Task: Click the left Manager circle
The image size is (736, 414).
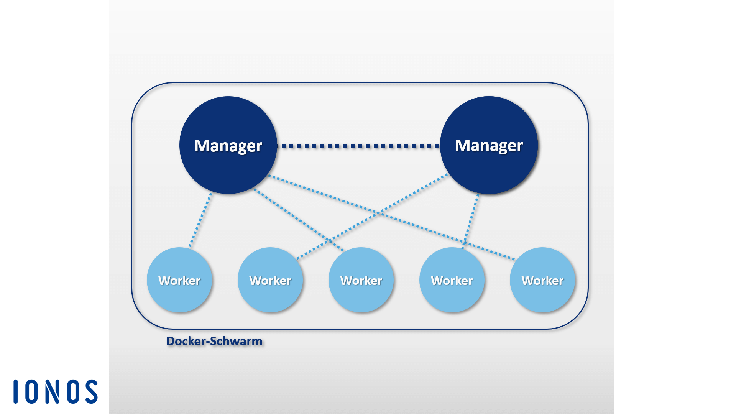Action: (228, 169)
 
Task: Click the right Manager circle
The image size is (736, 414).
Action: (489, 169)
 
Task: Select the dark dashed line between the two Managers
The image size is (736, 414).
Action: (358, 146)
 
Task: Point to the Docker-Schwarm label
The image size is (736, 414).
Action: (214, 341)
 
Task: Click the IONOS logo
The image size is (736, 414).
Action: (56, 391)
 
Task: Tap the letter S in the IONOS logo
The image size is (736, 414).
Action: (92, 391)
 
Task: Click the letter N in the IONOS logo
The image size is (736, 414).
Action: (53, 391)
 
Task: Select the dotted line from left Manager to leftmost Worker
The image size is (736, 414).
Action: (200, 220)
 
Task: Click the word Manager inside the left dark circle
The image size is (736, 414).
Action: (228, 146)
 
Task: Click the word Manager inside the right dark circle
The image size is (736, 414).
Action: (489, 145)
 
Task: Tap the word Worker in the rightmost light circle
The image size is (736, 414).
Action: (542, 280)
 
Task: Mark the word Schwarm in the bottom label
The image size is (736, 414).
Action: (236, 341)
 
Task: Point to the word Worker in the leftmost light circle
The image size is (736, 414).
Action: (179, 280)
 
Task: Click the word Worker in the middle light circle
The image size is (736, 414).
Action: (361, 280)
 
